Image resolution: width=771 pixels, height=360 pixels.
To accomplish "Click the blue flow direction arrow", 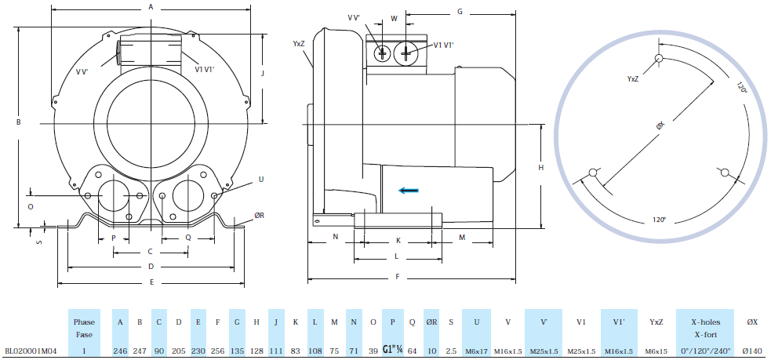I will tap(407, 189).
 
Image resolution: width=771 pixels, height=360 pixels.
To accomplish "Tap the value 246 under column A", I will tap(120, 351).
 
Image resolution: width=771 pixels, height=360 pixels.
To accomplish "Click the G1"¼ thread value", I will tap(392, 350).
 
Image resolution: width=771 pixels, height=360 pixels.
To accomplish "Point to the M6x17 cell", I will tap(477, 351).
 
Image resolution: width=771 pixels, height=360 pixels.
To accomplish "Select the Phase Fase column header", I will tap(84, 328).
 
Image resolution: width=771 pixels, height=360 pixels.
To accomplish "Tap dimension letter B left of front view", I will tap(17, 122).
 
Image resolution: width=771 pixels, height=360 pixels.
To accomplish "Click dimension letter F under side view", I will tap(398, 277).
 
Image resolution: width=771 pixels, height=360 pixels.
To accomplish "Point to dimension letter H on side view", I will tap(540, 168).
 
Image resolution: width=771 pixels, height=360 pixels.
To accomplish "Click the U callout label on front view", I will tap(260, 179).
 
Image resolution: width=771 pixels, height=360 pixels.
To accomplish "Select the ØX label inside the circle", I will tap(660, 125).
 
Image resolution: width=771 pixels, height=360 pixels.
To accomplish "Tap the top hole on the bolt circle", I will tap(659, 58).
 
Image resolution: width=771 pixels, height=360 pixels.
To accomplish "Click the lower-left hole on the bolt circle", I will tap(593, 173).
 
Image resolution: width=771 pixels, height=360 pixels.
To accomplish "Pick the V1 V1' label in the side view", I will tap(443, 45).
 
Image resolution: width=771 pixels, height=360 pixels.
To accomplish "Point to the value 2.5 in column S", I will tap(452, 351).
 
